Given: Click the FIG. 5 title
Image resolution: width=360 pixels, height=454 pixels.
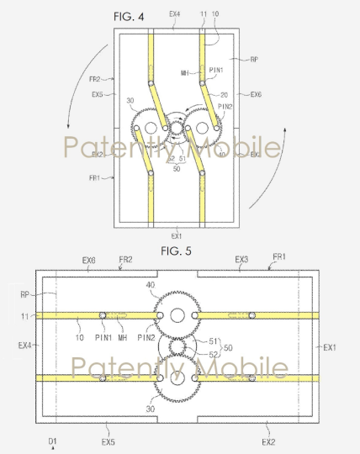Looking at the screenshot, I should click(177, 251).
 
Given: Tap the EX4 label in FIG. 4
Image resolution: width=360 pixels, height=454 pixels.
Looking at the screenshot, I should click(174, 14).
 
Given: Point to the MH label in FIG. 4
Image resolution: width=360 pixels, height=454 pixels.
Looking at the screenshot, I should click(184, 74).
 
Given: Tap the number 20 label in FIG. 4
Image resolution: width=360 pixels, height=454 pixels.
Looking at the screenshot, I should click(224, 94).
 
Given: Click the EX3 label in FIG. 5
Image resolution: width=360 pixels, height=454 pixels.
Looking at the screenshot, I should click(241, 261).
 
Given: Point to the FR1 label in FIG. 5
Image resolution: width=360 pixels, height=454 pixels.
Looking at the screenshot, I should click(277, 261).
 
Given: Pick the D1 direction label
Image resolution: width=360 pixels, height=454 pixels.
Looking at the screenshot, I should click(52, 441).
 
